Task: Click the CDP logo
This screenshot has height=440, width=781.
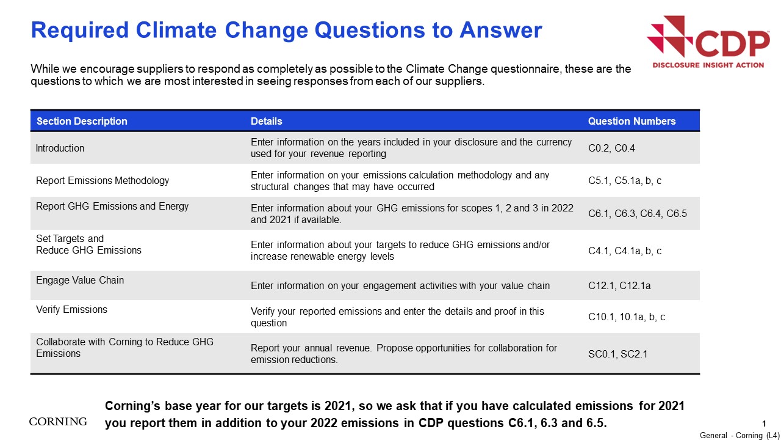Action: (x=708, y=42)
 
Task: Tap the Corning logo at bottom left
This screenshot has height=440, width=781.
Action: (x=58, y=422)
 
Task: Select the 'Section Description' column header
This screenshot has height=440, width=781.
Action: (x=82, y=121)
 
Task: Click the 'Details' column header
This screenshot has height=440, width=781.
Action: (x=267, y=121)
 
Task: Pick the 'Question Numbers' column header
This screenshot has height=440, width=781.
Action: (x=632, y=121)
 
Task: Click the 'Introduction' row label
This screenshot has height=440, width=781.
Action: (x=60, y=148)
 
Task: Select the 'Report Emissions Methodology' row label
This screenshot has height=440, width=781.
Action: (x=103, y=180)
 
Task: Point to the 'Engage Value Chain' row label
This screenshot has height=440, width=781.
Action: (x=80, y=280)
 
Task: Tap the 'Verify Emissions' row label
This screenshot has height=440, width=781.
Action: (x=71, y=309)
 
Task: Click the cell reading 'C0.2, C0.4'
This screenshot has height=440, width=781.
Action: (x=611, y=148)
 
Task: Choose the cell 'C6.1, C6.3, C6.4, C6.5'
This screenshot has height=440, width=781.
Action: (x=638, y=213)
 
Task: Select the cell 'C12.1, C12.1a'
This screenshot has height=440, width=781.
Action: (x=619, y=285)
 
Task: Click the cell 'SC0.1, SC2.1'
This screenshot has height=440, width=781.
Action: (x=617, y=354)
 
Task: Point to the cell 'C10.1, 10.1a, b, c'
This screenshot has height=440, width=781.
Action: (x=627, y=317)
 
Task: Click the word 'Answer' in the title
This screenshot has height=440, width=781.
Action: (x=501, y=30)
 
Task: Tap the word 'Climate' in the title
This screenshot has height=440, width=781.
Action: (x=176, y=30)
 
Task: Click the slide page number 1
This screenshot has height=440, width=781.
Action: (x=764, y=424)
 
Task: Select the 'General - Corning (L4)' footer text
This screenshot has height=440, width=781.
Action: (x=740, y=435)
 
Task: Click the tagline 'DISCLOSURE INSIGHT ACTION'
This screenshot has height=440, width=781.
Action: (x=708, y=65)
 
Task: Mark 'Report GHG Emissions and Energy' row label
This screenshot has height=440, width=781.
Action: (x=112, y=207)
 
